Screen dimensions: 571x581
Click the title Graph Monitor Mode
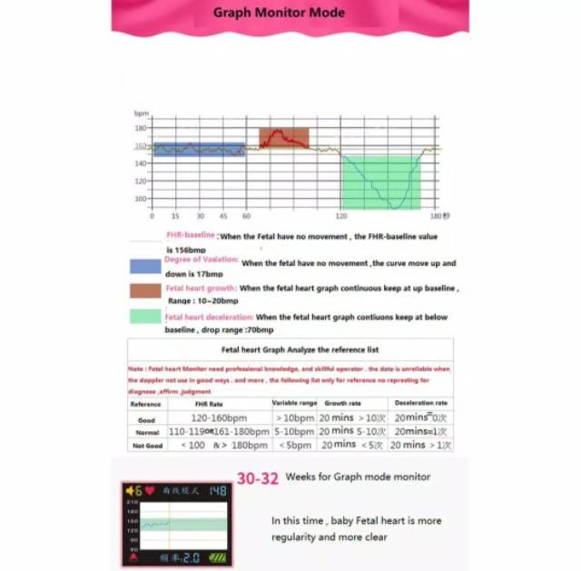279,13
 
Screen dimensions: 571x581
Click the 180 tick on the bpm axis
141,129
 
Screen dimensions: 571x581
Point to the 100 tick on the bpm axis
141,199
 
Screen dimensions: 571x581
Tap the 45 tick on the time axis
222,216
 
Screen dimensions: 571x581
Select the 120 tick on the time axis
341,216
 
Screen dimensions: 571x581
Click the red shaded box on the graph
283,137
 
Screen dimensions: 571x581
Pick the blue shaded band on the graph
199,149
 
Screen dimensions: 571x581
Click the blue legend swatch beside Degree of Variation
145,266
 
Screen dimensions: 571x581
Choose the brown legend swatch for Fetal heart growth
145,290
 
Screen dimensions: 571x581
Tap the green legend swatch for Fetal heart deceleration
145,317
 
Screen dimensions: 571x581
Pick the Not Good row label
146,445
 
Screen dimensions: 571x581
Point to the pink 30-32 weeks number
258,477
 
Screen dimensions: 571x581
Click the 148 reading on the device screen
217,491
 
